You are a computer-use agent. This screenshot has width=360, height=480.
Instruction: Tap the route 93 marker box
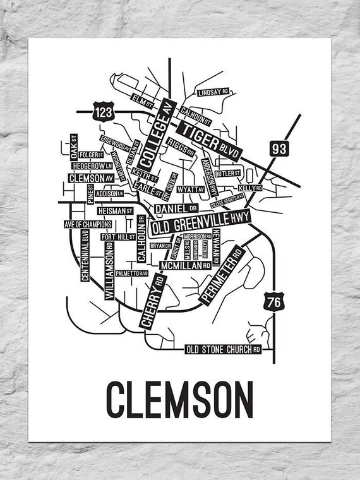279,149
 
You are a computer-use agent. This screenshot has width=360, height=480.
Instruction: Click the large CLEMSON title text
179,396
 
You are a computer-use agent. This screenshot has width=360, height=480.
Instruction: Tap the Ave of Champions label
88,224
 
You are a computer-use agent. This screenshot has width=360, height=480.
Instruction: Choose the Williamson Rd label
109,267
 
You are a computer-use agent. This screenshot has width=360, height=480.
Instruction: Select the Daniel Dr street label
177,207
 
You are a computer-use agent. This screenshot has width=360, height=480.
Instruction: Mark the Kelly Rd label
249,188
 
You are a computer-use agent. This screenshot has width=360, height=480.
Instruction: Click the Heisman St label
114,209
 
